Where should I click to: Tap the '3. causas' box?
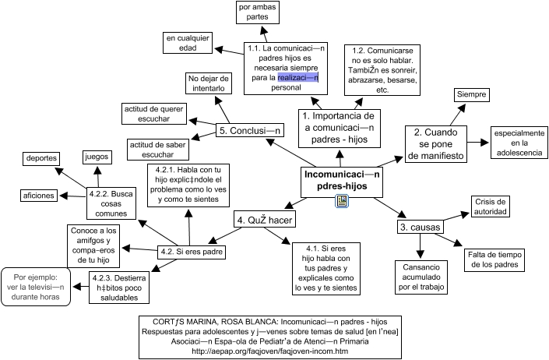coord(420,228)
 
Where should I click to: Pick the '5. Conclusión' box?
coord(249,131)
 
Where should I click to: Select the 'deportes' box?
coord(41,158)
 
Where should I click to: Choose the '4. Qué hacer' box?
coord(264,221)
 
